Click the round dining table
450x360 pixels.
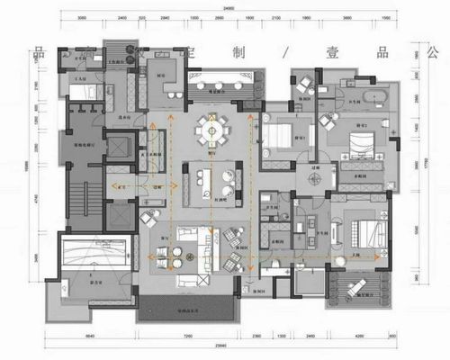coord(213,130)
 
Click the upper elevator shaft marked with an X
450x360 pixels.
coord(121,147)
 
